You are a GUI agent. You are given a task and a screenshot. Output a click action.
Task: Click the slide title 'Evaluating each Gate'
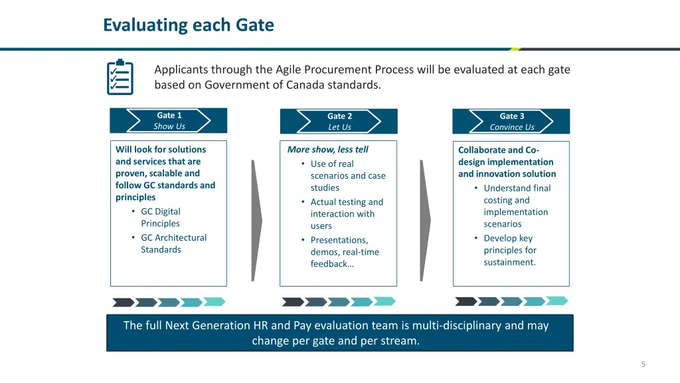[188, 25]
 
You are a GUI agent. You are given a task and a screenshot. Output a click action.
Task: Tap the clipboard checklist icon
[120, 78]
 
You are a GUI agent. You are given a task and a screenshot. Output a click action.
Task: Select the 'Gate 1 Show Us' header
[169, 120]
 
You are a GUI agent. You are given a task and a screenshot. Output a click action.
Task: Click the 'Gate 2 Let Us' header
[339, 121]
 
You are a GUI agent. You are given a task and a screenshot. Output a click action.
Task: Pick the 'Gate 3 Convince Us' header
[511, 121]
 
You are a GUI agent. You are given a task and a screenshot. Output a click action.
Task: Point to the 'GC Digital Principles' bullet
[160, 217]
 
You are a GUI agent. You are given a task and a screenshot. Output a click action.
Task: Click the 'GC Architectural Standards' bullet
[173, 243]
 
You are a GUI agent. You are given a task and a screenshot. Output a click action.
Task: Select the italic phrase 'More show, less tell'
[327, 150]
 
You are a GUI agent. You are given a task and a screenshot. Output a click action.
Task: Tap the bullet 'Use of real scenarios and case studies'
[347, 176]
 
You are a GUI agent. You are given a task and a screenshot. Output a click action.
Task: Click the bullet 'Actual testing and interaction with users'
[346, 213]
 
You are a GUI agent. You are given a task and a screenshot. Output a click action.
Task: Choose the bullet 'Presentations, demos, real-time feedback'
[344, 252]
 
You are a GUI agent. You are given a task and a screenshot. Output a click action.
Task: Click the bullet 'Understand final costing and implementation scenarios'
[516, 205]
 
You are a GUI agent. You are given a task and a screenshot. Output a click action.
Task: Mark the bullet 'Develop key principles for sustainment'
[509, 250]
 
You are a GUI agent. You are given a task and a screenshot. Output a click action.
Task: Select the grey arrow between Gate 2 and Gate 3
[425, 219]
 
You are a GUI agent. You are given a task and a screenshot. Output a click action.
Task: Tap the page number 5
[643, 364]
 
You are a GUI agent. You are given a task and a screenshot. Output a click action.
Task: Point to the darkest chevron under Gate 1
[124, 302]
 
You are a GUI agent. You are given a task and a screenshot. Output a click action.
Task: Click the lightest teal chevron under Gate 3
[556, 301]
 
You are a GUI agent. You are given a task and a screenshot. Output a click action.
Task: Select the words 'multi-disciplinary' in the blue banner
[456, 325]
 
